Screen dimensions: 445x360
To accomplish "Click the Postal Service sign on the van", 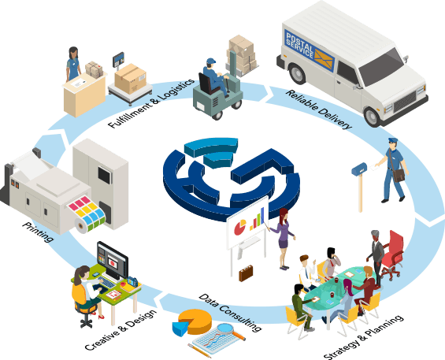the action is pyautogui.click(x=310, y=50).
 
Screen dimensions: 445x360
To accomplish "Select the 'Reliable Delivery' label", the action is pyautogui.click(x=319, y=109).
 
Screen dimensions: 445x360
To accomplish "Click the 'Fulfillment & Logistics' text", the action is pyautogui.click(x=151, y=103).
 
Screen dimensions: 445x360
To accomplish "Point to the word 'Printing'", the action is pyautogui.click(x=38, y=232).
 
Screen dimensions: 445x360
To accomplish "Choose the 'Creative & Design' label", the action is pyautogui.click(x=121, y=330).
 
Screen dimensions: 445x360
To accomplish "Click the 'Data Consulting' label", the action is pyautogui.click(x=230, y=313).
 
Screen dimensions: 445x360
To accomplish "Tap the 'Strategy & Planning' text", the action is pyautogui.click(x=364, y=337).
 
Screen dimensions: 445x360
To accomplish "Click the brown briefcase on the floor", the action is pyautogui.click(x=246, y=273).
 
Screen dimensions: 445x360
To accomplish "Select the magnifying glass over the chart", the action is pyautogui.click(x=231, y=332).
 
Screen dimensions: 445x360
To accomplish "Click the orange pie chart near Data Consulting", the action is pyautogui.click(x=192, y=322).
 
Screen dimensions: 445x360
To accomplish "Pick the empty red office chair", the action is pyautogui.click(x=392, y=255).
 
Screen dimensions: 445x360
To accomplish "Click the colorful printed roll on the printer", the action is pyautogui.click(x=87, y=213).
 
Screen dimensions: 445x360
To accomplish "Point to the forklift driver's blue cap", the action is pyautogui.click(x=211, y=61).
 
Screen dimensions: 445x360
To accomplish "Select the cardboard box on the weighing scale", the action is pyautogui.click(x=130, y=78).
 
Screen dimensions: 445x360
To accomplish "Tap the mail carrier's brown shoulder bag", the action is pyautogui.click(x=399, y=175).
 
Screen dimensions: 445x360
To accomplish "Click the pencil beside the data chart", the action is pyautogui.click(x=199, y=351).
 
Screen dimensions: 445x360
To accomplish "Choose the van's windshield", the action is pyautogui.click(x=381, y=68).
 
